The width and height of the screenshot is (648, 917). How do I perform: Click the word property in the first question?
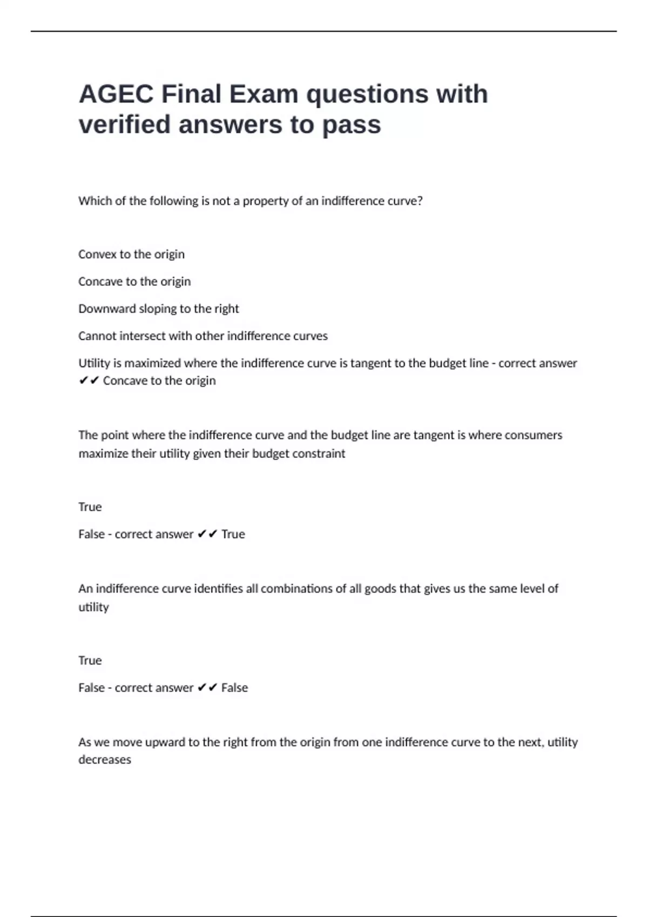point(265,201)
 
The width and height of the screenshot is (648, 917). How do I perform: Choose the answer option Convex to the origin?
point(131,254)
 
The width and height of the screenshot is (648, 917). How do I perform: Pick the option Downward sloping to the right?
point(158,309)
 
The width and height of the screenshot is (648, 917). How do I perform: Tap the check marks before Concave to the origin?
point(89,381)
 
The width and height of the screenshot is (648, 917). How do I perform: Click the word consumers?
point(534,435)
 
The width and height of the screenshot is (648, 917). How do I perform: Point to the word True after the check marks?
point(233,534)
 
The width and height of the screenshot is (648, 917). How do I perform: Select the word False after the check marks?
point(234,688)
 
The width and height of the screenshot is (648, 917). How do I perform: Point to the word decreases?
point(105,759)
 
